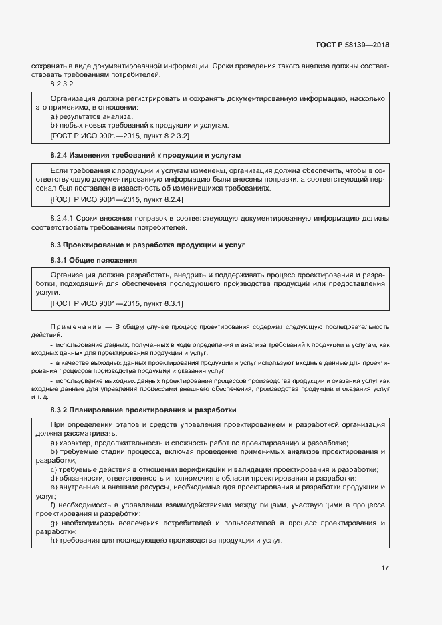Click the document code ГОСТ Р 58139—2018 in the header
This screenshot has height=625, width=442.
352,45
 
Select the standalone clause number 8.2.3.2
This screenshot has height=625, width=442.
62,84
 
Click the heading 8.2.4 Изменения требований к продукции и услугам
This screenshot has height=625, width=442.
144,154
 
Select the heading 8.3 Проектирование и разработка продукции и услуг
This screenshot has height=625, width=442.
148,245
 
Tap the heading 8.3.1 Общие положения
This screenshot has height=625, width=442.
94,259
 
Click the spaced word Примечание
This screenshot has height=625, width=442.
73,326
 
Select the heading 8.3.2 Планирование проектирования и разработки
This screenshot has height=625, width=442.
144,409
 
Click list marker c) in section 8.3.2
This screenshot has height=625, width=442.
53,469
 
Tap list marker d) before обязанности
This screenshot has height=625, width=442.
53,478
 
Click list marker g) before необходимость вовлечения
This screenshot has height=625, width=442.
53,522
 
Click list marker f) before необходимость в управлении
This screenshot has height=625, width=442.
53,505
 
